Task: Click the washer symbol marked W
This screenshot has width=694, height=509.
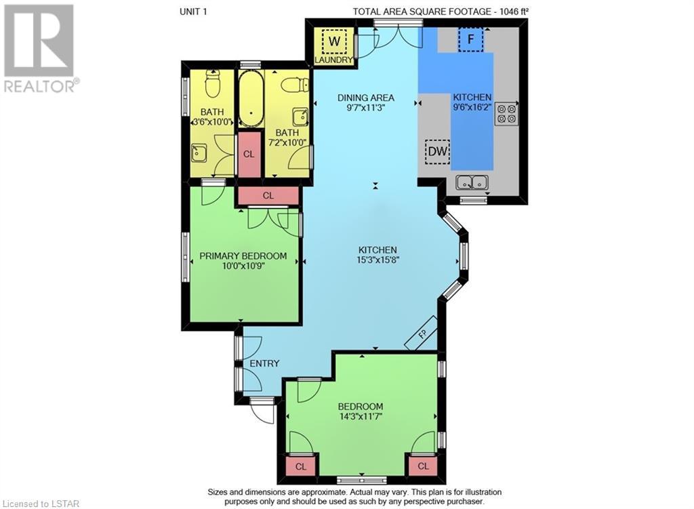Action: [335, 41]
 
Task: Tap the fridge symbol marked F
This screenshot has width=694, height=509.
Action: [470, 39]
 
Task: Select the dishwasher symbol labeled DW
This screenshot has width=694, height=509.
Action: [437, 152]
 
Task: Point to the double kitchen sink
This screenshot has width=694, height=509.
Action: [472, 182]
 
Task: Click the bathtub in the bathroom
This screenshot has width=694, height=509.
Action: [251, 100]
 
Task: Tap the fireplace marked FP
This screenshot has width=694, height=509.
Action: [422, 333]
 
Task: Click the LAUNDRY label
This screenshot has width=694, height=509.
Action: [333, 60]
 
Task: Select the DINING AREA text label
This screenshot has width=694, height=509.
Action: [365, 98]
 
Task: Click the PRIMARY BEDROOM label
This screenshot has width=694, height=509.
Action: [243, 256]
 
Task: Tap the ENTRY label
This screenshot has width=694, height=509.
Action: [264, 363]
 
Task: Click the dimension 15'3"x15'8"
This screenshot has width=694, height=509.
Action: [378, 260]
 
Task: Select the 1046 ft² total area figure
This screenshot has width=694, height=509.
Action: [514, 12]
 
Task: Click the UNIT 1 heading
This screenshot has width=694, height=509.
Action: [193, 12]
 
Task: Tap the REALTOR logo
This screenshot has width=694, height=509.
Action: [40, 48]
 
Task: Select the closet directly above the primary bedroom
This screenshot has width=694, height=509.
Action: [268, 196]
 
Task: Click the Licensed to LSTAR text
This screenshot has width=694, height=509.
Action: [41, 504]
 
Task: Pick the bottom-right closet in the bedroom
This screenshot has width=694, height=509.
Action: [423, 466]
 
